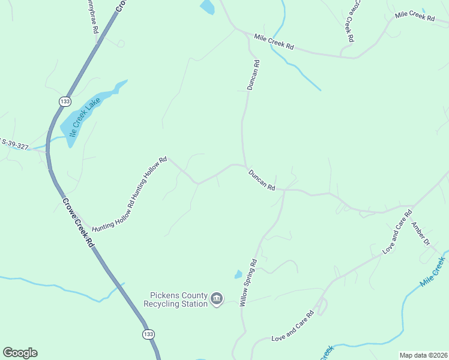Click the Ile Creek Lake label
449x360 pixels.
[83, 118]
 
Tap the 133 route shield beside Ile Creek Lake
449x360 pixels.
[64, 101]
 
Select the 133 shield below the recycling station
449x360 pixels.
[148, 334]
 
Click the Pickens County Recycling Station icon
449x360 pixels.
[217, 298]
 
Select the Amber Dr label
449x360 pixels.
[420, 234]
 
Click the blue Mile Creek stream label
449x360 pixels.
[433, 271]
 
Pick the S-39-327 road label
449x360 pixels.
[14, 144]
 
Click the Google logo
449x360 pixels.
[20, 353]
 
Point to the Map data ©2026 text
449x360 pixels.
[423, 355]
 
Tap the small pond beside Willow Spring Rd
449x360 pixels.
[238, 275]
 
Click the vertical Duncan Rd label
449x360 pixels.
[253, 75]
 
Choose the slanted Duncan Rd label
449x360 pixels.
[262, 179]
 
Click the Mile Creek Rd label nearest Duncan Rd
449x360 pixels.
[274, 42]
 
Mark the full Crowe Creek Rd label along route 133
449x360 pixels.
[78, 221]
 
